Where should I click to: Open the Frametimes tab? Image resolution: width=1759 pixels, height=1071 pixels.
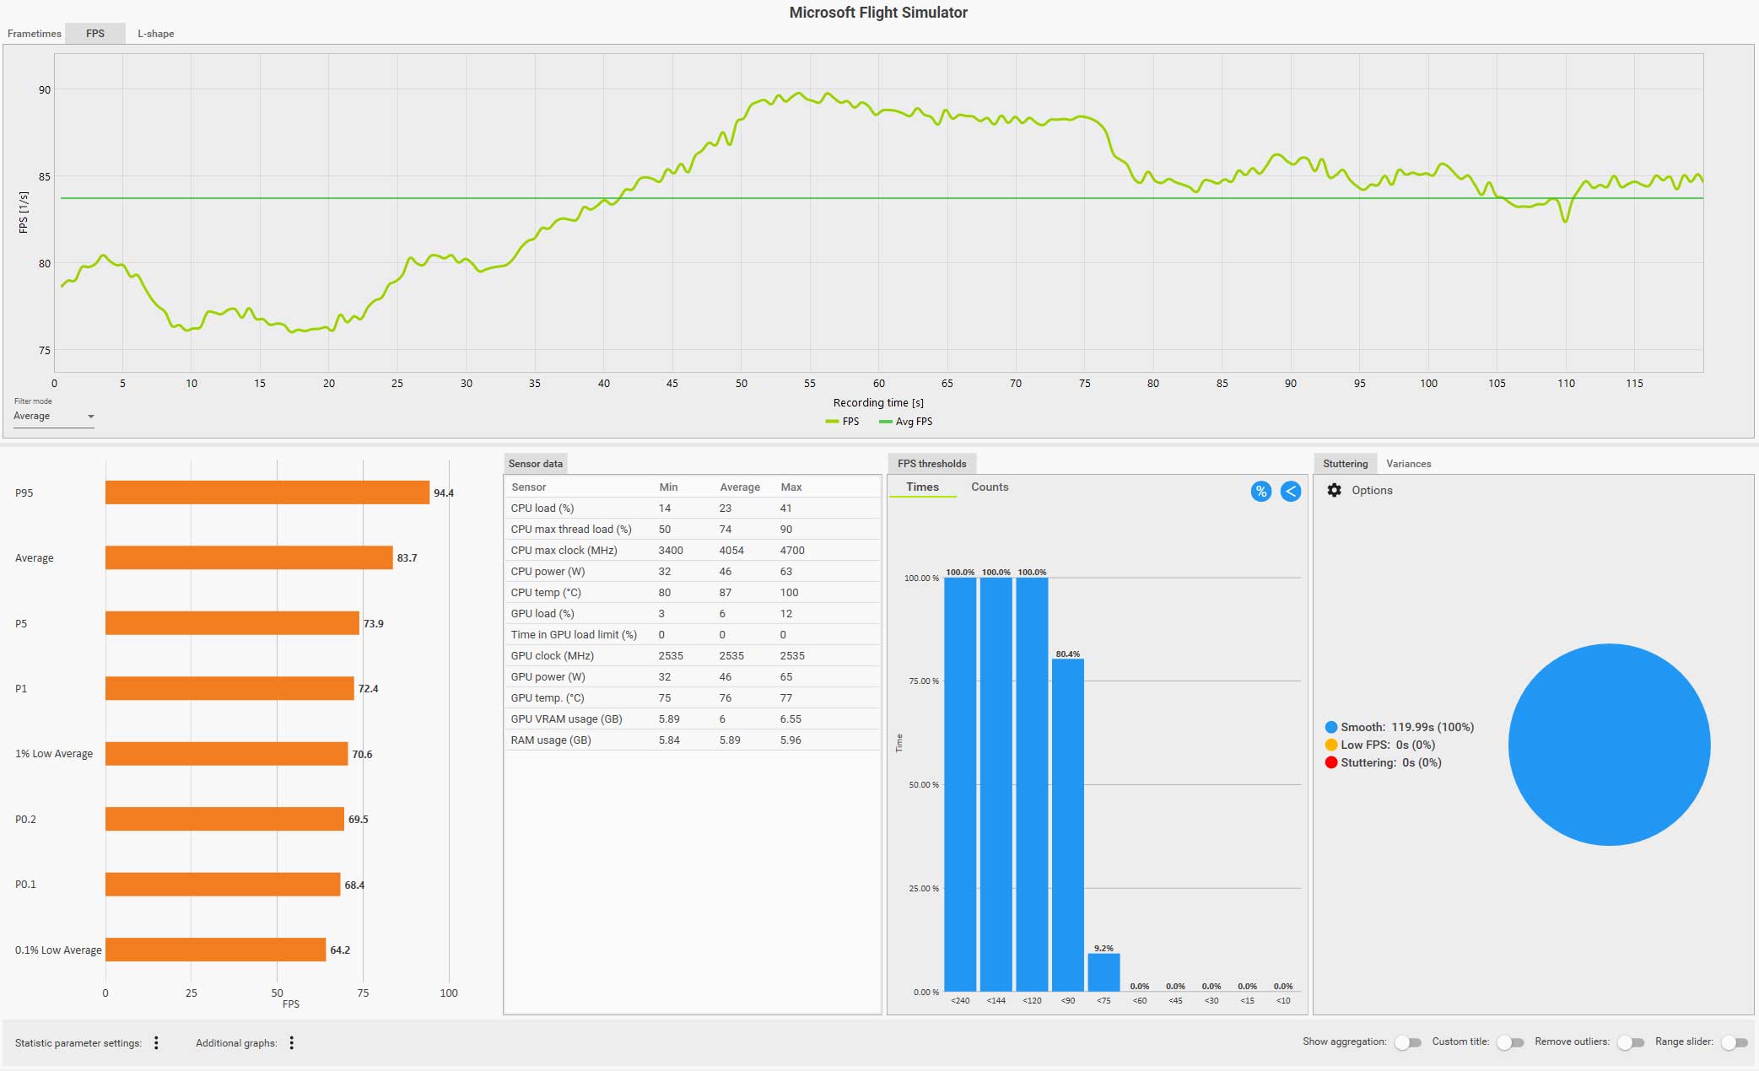click(x=35, y=34)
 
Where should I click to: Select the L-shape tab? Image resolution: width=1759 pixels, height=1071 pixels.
click(x=156, y=34)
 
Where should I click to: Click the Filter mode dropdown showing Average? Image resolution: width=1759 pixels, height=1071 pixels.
click(x=53, y=417)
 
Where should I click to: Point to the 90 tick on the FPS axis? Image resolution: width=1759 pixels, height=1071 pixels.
click(x=45, y=90)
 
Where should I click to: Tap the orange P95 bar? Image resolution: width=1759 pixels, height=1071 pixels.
click(x=267, y=492)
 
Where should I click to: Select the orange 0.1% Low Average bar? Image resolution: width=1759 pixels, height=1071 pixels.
click(x=215, y=950)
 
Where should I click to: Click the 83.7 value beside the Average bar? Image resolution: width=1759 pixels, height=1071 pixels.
click(x=407, y=558)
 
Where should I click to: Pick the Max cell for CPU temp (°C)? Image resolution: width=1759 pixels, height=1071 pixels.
click(x=789, y=593)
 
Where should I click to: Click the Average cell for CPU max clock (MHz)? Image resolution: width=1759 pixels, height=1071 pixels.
click(x=731, y=551)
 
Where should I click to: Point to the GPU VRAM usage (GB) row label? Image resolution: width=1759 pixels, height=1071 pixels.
click(x=566, y=719)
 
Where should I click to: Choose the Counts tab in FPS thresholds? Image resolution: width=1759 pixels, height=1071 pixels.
click(x=990, y=487)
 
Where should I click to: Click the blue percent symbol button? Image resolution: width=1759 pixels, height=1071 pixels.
click(x=1260, y=492)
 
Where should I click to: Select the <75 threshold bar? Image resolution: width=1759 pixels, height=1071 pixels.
click(x=1103, y=972)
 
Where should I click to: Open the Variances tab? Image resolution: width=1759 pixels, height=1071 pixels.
click(x=1408, y=464)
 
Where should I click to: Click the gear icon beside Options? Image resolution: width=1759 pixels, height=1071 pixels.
click(x=1334, y=491)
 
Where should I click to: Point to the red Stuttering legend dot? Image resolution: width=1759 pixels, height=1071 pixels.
click(x=1331, y=763)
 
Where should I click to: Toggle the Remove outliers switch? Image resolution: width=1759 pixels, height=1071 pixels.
click(x=1632, y=1043)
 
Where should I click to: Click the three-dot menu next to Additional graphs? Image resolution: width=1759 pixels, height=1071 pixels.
click(x=292, y=1043)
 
